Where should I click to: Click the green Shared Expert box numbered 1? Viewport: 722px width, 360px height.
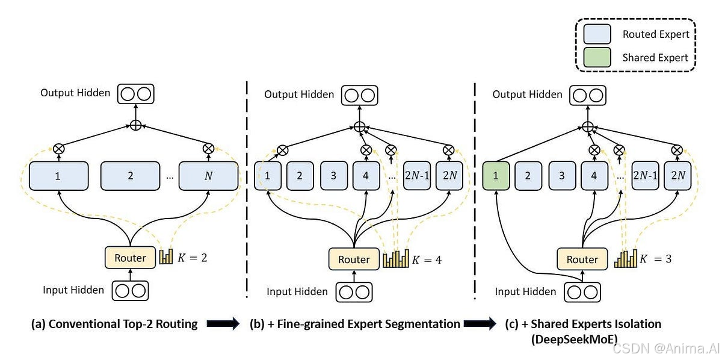(496, 176)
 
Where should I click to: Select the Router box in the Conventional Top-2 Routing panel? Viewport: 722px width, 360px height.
(130, 258)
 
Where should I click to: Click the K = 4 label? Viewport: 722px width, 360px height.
(428, 260)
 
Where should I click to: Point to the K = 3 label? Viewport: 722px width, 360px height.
(656, 259)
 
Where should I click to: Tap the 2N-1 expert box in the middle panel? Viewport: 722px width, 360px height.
(416, 176)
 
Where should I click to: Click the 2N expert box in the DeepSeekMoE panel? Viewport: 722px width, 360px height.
(678, 176)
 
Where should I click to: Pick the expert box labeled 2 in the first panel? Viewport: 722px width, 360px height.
(130, 176)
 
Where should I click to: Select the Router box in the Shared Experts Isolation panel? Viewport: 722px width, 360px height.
(582, 259)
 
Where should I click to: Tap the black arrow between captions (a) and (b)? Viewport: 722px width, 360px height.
(223, 324)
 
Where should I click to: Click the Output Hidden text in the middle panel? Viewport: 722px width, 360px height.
(299, 94)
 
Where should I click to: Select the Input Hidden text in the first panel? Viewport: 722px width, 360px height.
(73, 290)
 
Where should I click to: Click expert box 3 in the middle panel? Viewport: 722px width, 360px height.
(333, 176)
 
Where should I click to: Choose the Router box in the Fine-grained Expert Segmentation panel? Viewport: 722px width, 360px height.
(354, 259)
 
